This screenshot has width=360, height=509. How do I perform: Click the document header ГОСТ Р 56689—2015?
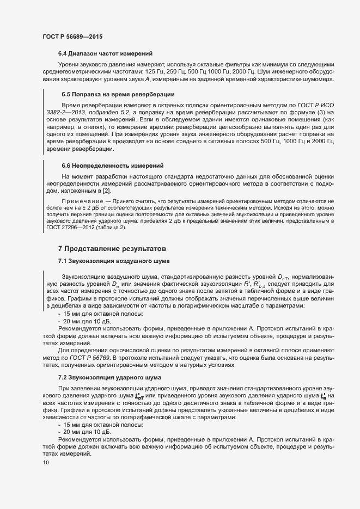pos(72,36)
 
